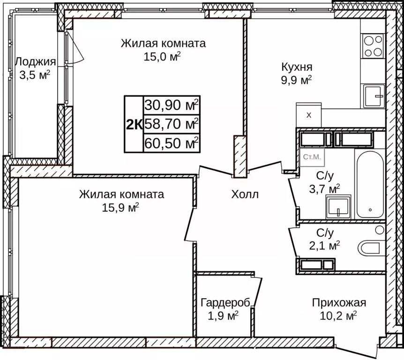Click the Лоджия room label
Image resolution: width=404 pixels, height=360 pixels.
click(x=36, y=61)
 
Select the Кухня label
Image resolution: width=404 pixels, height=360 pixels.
click(x=297, y=67)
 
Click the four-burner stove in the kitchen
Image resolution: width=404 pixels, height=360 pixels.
click(x=372, y=46)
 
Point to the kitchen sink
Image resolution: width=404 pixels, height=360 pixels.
click(x=374, y=95)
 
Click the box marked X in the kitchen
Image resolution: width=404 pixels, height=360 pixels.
click(x=308, y=115)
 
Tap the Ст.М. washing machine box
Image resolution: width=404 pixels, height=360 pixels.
click(x=312, y=157)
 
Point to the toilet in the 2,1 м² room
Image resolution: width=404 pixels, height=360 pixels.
click(x=370, y=247)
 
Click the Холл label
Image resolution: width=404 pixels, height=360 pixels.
click(x=244, y=194)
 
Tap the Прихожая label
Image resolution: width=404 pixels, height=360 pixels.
click(x=339, y=302)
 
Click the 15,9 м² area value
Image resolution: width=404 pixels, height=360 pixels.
click(x=120, y=208)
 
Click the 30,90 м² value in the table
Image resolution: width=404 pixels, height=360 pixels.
click(x=171, y=105)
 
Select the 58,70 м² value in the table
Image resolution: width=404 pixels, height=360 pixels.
click(x=171, y=124)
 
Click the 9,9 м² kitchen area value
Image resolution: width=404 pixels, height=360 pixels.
click(x=296, y=80)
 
